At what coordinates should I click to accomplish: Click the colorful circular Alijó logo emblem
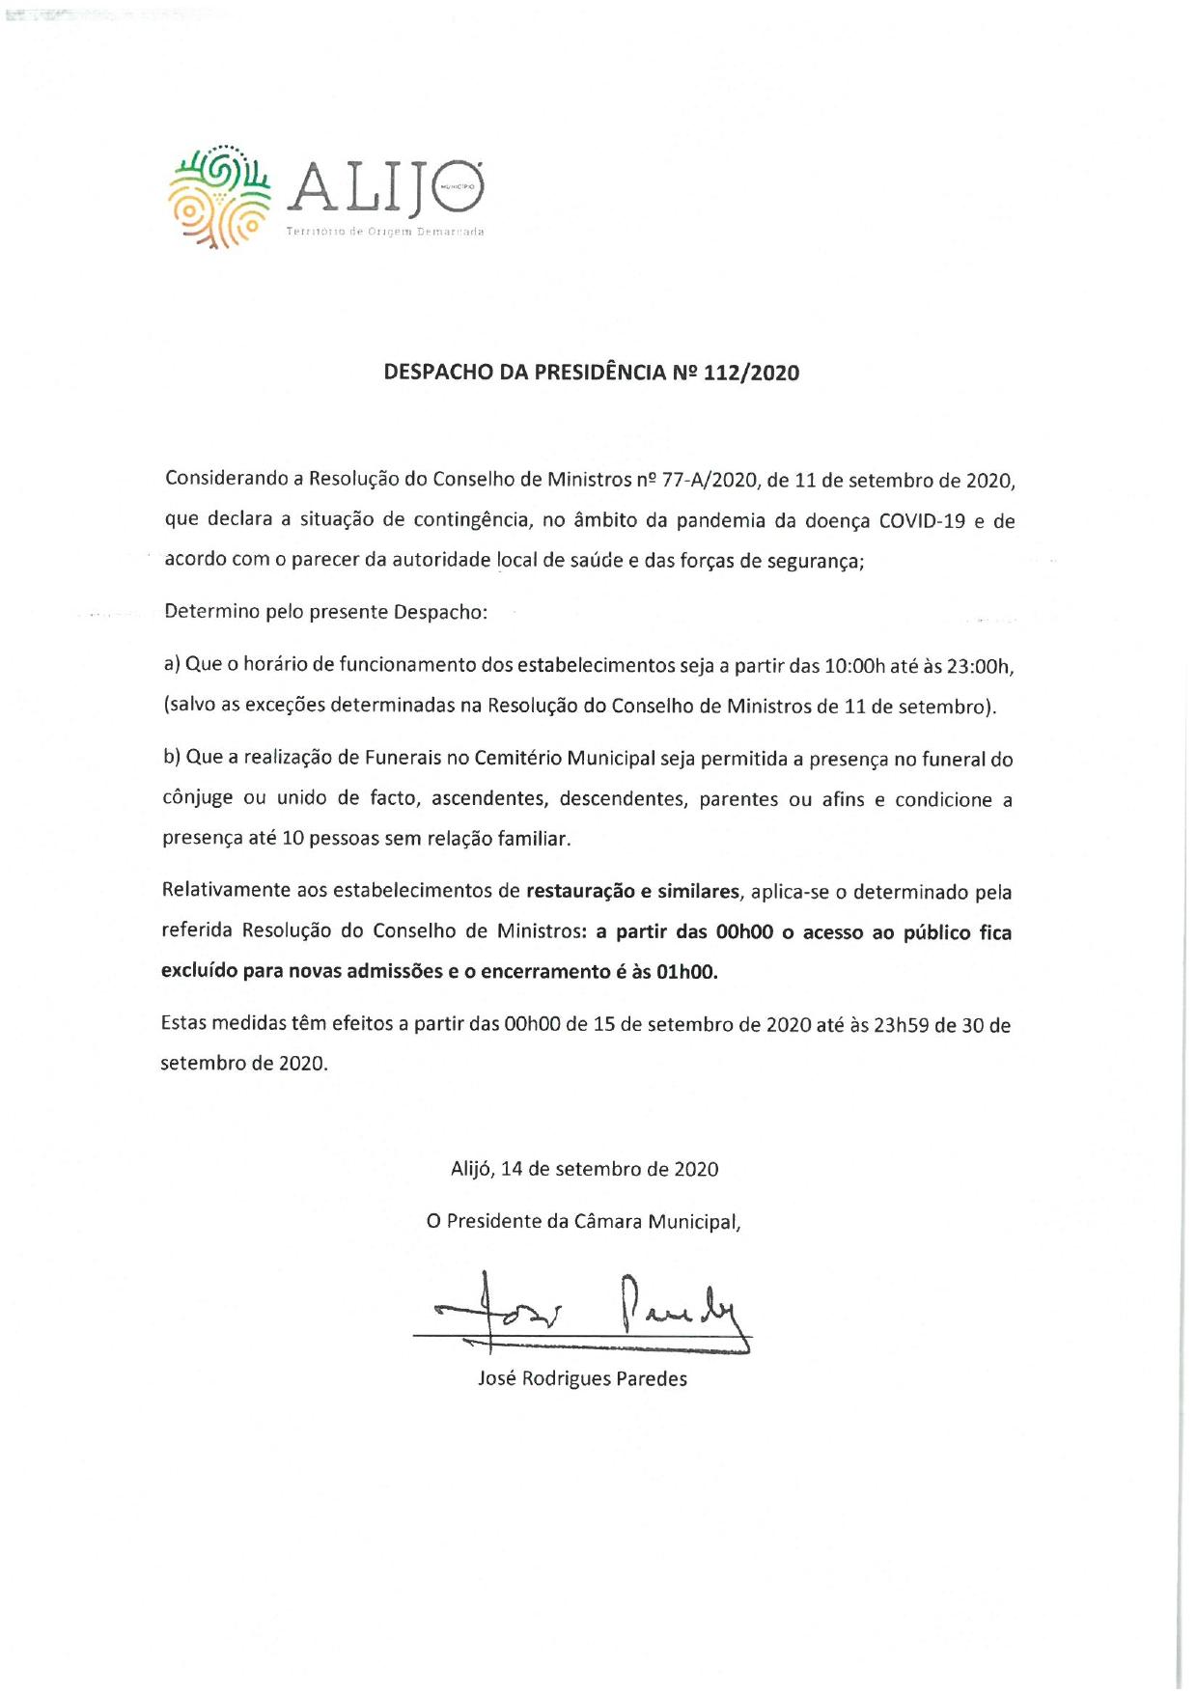pyautogui.click(x=219, y=196)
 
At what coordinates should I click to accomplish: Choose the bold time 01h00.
pyautogui.click(x=686, y=972)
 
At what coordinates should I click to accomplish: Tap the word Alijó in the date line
pyautogui.click(x=472, y=1169)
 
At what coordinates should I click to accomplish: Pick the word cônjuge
pyautogui.click(x=198, y=800)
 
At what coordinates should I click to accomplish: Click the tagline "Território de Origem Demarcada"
pyautogui.click(x=385, y=233)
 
